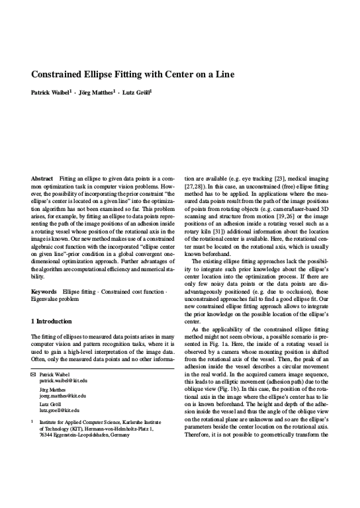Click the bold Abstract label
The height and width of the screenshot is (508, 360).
point(42,179)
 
